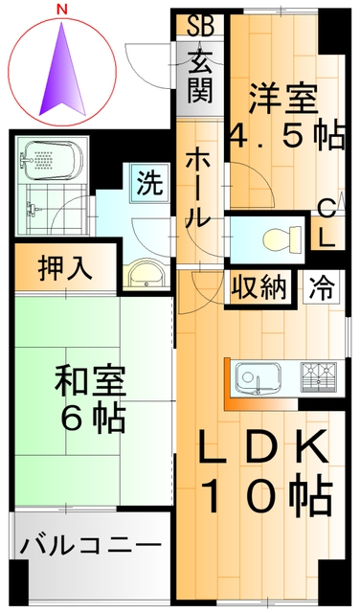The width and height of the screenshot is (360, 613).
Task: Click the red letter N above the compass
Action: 62,9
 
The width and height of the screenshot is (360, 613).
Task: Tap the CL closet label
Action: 326,222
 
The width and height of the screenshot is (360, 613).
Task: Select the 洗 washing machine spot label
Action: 149,182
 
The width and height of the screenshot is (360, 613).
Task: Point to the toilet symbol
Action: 279,235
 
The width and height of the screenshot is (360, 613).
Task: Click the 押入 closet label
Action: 65,268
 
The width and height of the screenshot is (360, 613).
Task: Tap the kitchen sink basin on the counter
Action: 259,376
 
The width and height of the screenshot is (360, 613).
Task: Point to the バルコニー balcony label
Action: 91,548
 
